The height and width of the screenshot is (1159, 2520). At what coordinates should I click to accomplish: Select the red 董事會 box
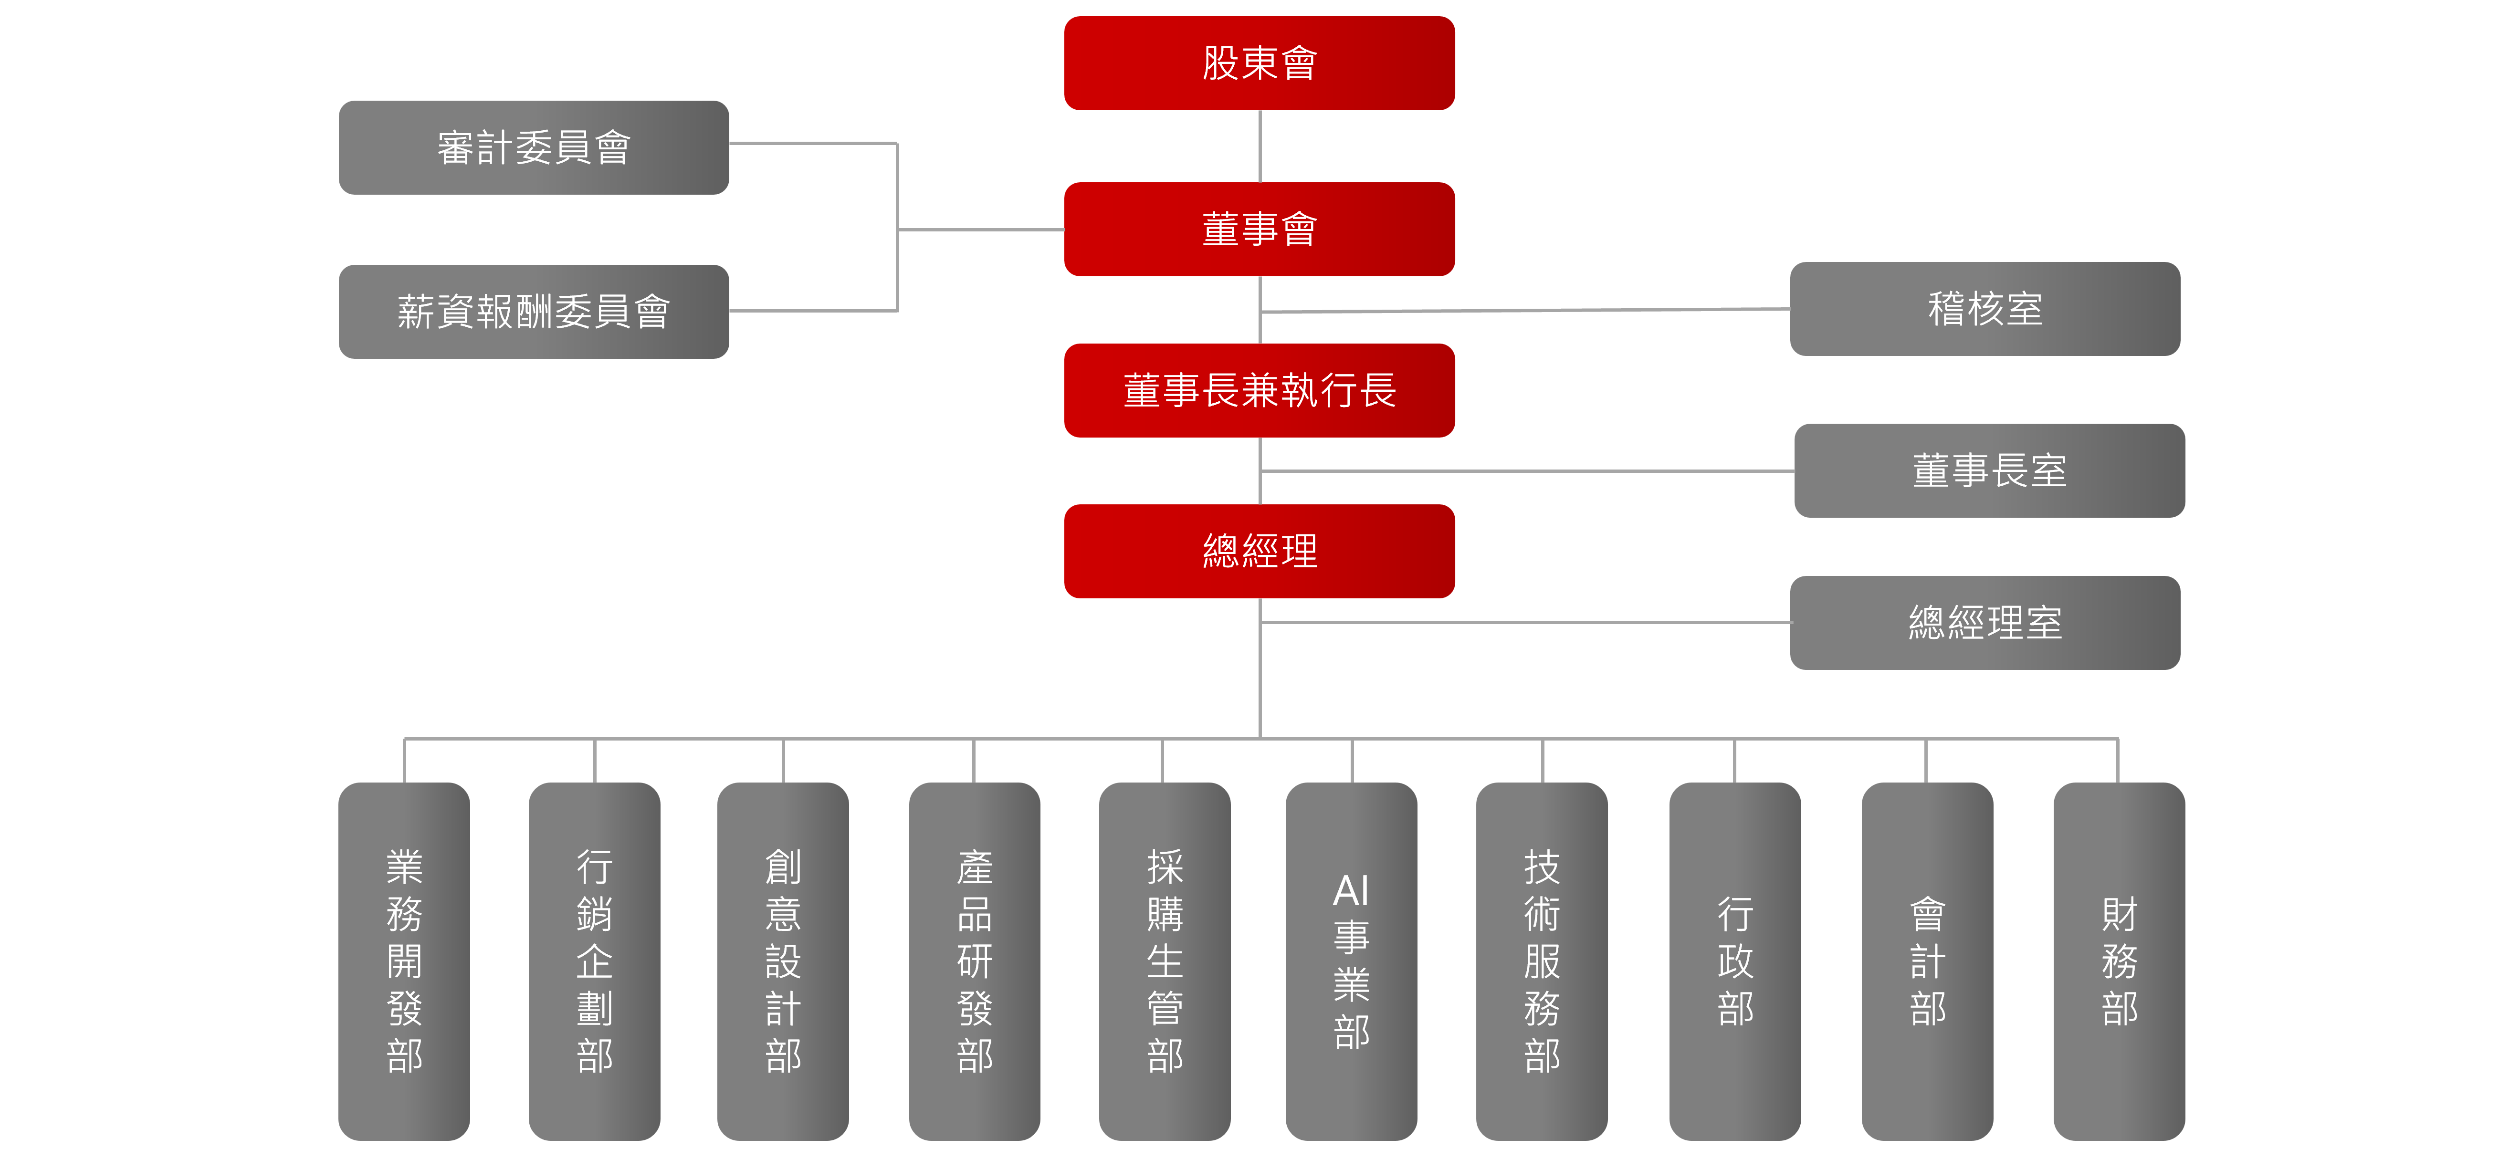click(1259, 229)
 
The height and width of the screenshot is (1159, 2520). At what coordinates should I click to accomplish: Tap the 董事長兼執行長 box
click(1259, 390)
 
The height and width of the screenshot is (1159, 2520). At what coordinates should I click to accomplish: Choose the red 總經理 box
click(1259, 551)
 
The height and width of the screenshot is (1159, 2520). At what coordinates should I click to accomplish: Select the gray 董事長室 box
click(1989, 470)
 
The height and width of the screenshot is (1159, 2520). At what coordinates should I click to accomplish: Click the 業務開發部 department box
click(404, 961)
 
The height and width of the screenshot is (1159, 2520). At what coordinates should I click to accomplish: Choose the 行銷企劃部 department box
click(594, 961)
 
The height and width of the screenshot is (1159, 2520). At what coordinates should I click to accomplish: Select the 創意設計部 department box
click(783, 961)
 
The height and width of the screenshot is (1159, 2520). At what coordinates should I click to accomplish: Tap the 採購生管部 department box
click(1164, 961)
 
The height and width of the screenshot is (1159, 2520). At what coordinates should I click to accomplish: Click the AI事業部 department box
click(1351, 961)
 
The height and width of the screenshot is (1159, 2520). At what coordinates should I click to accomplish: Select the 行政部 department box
click(1734, 961)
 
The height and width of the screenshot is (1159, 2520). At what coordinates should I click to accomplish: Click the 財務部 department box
click(2119, 961)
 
